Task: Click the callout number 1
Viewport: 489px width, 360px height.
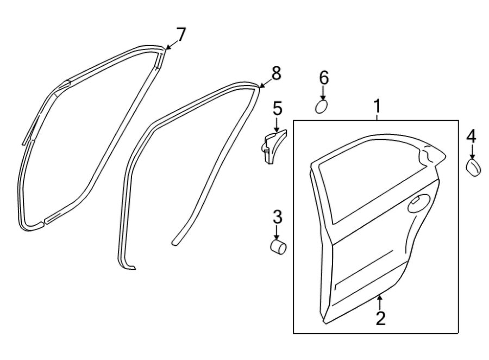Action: pos(378,107)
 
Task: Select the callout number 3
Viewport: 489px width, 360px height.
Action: pos(277,217)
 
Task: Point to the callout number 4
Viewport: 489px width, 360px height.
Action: pos(471,136)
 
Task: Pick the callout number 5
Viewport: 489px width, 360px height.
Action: pos(277,108)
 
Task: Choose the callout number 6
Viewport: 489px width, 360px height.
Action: pos(324,78)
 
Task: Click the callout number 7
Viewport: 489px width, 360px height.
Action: pos(181,35)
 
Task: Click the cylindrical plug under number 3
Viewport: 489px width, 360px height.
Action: pos(278,246)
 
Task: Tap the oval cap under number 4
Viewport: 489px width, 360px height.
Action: pos(473,167)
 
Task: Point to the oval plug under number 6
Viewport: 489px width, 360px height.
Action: pos(321,107)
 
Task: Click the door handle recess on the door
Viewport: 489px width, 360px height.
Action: pos(419,203)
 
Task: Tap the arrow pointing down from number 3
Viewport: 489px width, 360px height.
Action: pos(277,233)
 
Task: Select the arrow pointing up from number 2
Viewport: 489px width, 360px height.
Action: pos(380,302)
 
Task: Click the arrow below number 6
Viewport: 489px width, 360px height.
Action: pos(323,93)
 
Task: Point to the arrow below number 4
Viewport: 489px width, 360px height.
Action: pos(472,152)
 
